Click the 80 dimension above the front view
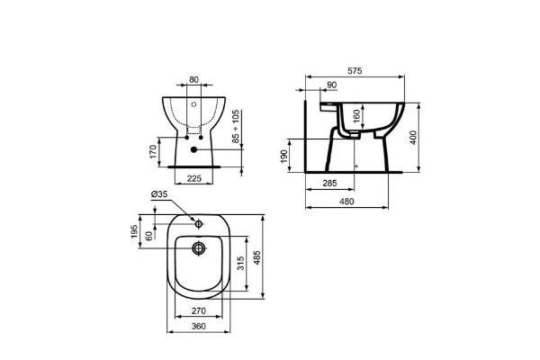(x=195, y=78)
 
